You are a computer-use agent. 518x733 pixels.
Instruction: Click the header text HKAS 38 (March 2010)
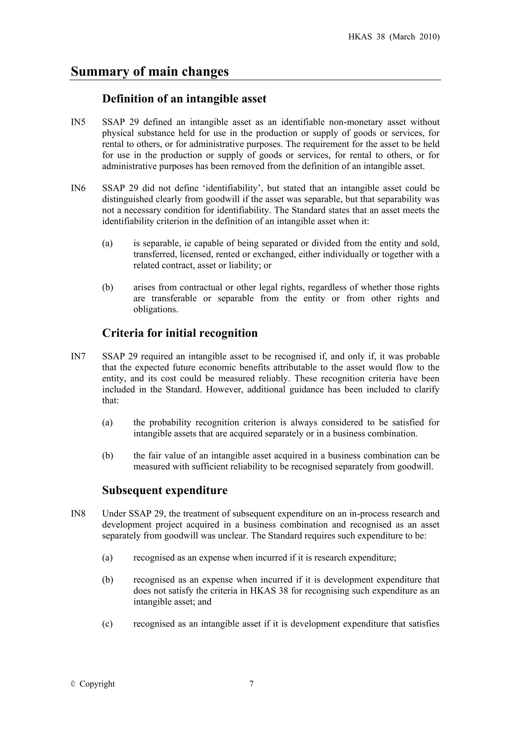coord(394,37)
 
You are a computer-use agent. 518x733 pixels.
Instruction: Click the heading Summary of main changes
coord(149,71)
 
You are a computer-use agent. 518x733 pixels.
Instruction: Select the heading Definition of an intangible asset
coord(184,99)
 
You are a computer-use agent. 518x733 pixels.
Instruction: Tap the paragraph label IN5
coord(78,122)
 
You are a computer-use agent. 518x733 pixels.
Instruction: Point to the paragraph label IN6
coord(78,188)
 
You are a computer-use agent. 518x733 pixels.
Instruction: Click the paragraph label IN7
coord(78,356)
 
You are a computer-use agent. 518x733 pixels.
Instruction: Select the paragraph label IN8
coord(78,514)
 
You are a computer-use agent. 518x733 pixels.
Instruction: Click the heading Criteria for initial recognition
coord(180,333)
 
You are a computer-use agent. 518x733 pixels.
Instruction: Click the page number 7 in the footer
coord(251,684)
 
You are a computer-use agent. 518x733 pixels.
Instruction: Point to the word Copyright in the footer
coord(97,684)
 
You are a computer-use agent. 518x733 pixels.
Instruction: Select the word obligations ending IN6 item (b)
coord(155,309)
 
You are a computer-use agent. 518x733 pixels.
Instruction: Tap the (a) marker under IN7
coord(107,423)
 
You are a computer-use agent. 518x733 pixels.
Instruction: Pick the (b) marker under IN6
coord(107,287)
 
